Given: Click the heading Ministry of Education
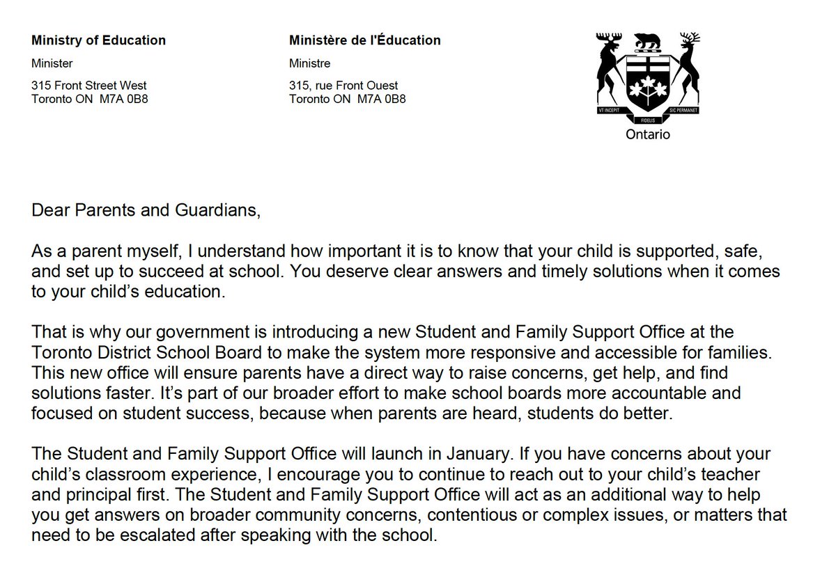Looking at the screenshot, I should pyautogui.click(x=98, y=40).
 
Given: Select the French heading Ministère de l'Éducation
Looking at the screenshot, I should pyautogui.click(x=364, y=40).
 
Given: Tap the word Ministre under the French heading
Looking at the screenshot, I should pyautogui.click(x=309, y=63).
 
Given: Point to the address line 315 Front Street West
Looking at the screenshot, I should pyautogui.click(x=89, y=86).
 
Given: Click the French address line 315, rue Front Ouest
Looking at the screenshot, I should pyautogui.click(x=343, y=86).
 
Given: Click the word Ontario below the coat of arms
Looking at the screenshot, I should pyautogui.click(x=647, y=134).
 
